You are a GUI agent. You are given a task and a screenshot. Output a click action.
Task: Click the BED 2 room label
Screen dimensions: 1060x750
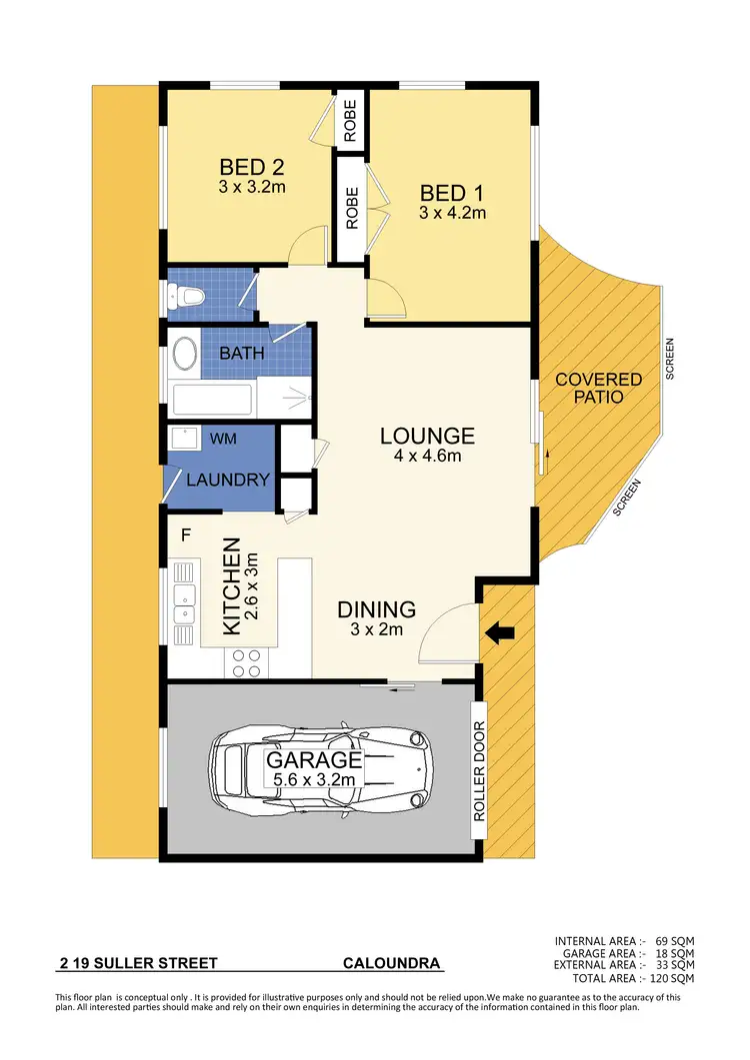(x=243, y=167)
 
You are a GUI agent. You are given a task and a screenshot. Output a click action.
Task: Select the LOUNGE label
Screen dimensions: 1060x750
(x=427, y=436)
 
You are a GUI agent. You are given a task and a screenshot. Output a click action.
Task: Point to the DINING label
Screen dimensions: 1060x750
(x=375, y=609)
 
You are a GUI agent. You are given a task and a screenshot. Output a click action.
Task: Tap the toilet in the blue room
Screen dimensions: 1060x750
(x=186, y=295)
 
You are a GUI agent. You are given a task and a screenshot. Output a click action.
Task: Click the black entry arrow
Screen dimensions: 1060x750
(x=503, y=631)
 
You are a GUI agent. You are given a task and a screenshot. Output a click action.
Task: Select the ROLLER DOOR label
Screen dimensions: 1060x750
(x=479, y=770)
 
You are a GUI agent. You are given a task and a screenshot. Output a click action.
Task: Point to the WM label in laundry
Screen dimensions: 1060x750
(x=223, y=438)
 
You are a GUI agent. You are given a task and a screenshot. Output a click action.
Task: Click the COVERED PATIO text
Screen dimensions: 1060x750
(x=599, y=388)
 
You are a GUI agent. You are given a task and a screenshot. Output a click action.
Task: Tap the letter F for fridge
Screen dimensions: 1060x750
(x=185, y=534)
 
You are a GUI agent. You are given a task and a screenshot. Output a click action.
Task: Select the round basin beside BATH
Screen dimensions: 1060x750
(x=185, y=355)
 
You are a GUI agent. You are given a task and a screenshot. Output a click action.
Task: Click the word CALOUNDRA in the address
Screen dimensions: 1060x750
(x=391, y=964)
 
